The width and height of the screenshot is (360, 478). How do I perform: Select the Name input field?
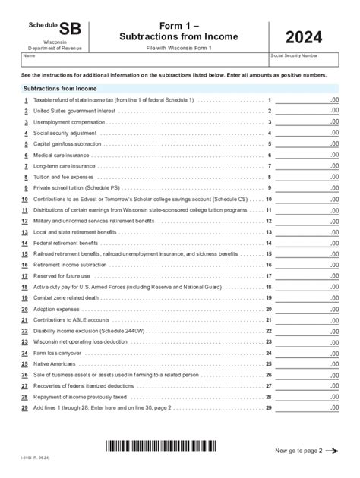(x=144, y=63)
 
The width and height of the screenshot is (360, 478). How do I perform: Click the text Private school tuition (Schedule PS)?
(x=74, y=187)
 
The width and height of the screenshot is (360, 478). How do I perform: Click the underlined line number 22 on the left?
(x=25, y=331)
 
